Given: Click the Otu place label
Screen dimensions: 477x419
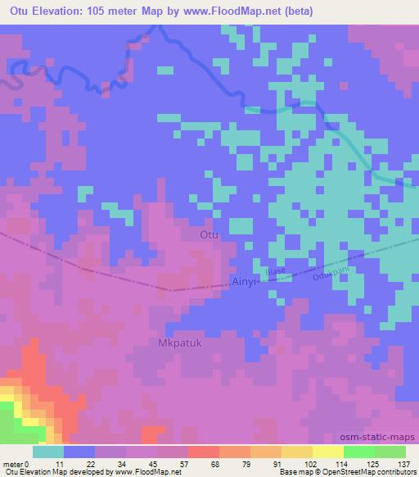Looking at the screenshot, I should (209, 235).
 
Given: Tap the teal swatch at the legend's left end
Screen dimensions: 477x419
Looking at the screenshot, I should (48, 452).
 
